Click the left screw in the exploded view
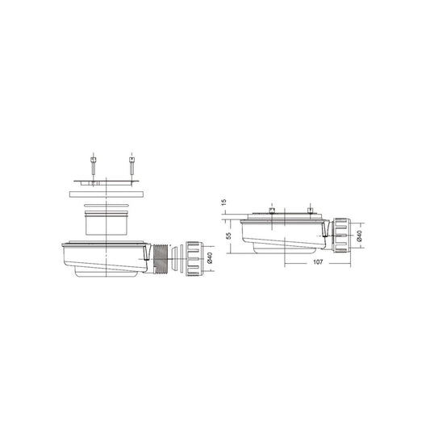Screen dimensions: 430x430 pyautogui.click(x=94, y=166)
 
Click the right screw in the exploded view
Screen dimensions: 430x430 pyautogui.click(x=132, y=165)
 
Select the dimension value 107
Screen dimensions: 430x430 pyautogui.click(x=318, y=262)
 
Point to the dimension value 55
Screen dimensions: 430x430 pyautogui.click(x=228, y=236)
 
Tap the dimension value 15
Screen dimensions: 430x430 pyautogui.click(x=223, y=202)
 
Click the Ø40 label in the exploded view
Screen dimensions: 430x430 pyautogui.click(x=210, y=258)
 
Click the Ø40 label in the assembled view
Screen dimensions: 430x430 pyautogui.click(x=359, y=236)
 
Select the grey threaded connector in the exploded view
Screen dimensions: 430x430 pyautogui.click(x=161, y=259)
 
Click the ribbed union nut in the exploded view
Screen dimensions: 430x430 pyautogui.click(x=194, y=259)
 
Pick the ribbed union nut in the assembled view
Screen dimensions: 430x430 pyautogui.click(x=342, y=235)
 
